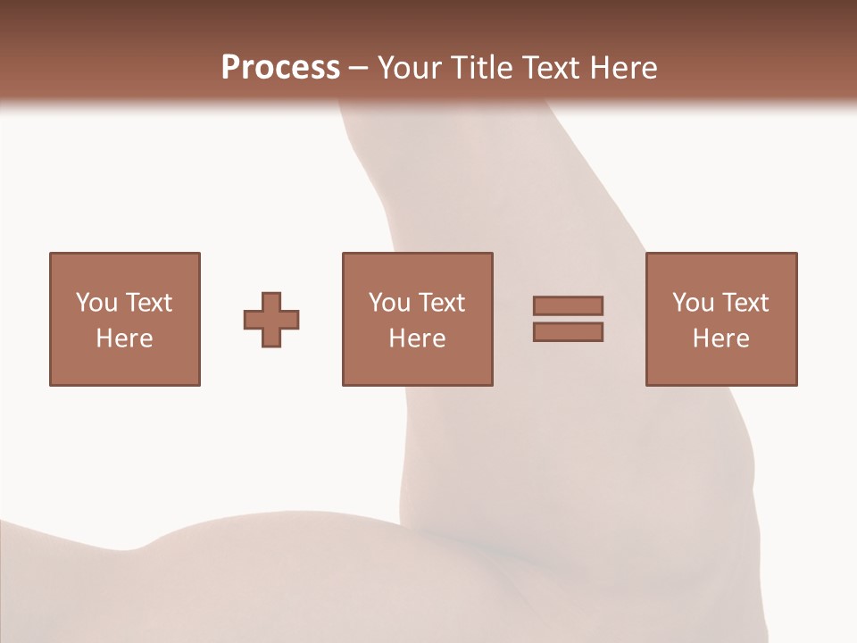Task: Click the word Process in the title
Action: [x=280, y=68]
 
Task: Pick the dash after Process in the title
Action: [x=358, y=69]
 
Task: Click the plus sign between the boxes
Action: [x=271, y=320]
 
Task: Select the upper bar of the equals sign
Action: [x=568, y=305]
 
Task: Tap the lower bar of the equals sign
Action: [x=568, y=331]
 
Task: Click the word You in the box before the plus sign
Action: [x=96, y=303]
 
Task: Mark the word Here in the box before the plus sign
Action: [x=124, y=338]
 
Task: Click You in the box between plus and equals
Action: [x=389, y=303]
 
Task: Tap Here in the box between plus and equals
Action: [x=417, y=338]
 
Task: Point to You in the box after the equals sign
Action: [x=693, y=303]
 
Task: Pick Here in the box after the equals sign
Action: [x=720, y=338]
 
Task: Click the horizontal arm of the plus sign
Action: [x=254, y=320]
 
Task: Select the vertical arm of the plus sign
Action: [x=271, y=299]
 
